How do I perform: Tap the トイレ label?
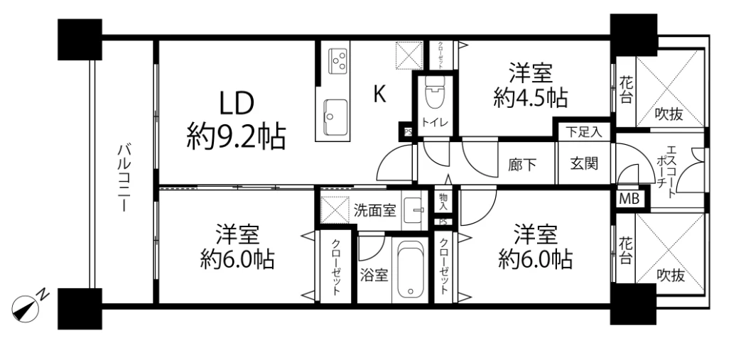434,122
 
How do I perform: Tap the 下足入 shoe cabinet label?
583,131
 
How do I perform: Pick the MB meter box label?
629,198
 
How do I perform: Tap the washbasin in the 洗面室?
414,210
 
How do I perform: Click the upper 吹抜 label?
669,114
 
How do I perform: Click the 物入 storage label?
443,202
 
